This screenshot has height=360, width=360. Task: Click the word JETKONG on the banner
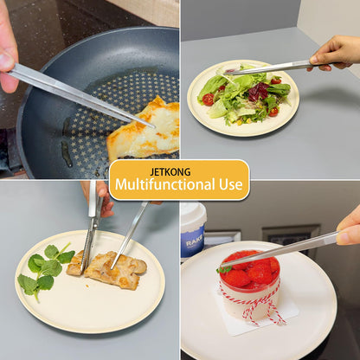170,172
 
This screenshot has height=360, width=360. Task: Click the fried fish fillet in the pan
145,129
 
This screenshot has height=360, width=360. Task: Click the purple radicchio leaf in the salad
259,91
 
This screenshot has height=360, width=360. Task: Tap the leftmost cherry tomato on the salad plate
208,100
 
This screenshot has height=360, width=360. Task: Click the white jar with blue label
192,230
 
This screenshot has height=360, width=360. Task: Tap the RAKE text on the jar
194,243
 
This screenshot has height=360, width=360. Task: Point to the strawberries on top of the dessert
250,269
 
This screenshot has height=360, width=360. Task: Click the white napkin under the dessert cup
258,313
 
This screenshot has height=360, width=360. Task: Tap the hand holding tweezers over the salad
335,54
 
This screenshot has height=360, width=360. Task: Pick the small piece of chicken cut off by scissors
74,263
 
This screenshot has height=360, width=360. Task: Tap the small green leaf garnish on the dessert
223,270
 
